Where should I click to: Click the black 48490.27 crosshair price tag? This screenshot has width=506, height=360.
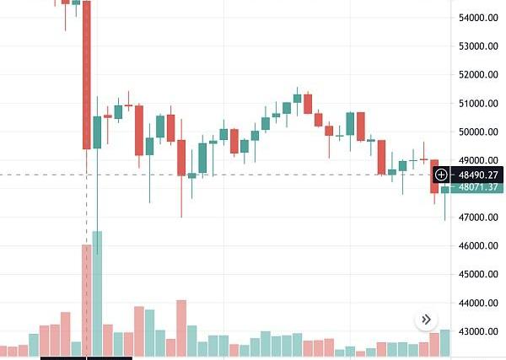click(476, 175)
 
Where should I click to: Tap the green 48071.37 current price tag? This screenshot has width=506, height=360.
click(476, 188)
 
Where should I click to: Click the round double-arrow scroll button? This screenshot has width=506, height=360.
click(426, 320)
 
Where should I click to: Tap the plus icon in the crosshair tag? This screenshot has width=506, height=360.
click(442, 175)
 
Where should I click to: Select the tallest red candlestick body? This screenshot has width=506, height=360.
click(86, 76)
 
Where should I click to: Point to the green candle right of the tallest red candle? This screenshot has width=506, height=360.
click(97, 132)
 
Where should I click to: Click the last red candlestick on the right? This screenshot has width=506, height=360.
click(434, 176)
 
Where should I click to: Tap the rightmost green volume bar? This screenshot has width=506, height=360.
click(444, 342)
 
